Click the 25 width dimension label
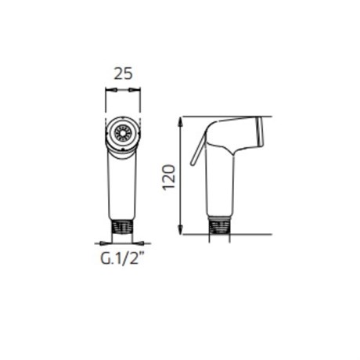point(124,74)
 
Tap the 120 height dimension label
point(169,178)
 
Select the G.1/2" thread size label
point(122,259)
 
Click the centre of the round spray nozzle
point(123,131)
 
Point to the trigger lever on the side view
point(197,149)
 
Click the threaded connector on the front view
point(122,226)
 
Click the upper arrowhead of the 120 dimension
point(180,122)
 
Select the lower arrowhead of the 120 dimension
point(180,229)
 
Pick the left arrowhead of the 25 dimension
point(110,90)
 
